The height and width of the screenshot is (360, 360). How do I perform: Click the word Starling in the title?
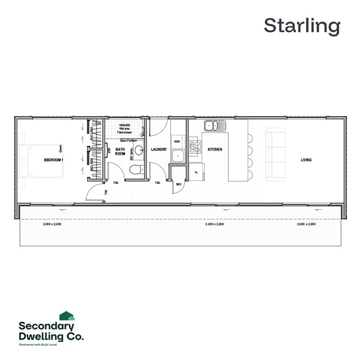(301, 26)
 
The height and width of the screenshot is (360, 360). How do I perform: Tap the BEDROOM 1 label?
(53, 160)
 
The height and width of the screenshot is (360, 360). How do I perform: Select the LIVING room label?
(306, 160)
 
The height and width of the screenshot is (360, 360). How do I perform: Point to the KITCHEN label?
(215, 150)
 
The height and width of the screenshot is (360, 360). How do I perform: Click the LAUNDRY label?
(159, 150)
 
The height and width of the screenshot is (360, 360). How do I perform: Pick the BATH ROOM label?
(120, 152)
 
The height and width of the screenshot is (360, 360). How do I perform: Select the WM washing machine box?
(177, 142)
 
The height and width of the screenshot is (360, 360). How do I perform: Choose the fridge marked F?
(198, 170)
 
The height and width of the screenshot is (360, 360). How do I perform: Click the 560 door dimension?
(178, 184)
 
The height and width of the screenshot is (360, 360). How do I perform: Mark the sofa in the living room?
(275, 154)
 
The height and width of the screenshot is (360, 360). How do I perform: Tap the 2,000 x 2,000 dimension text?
(52, 224)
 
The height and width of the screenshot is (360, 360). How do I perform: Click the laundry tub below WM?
(177, 156)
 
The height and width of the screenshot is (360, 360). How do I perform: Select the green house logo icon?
(66, 315)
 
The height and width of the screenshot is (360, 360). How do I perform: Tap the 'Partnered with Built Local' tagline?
(41, 345)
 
